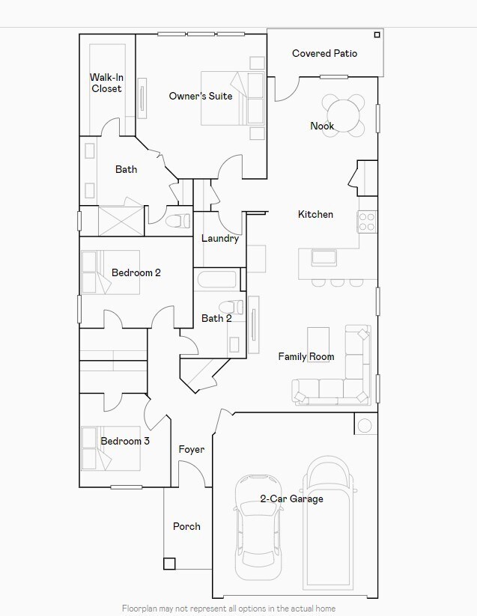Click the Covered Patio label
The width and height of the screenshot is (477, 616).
click(324, 54)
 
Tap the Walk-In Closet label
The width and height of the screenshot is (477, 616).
click(106, 83)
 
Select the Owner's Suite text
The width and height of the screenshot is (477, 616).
click(200, 97)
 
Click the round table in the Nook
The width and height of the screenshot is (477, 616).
click(344, 115)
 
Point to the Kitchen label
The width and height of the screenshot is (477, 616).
click(315, 215)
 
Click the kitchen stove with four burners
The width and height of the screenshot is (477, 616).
click(367, 222)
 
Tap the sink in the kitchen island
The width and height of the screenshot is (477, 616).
click(324, 257)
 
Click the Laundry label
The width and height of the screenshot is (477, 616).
click(220, 239)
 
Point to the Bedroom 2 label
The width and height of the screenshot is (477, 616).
click(136, 273)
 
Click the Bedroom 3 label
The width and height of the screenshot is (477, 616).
click(125, 442)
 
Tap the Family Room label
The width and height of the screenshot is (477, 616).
click(306, 357)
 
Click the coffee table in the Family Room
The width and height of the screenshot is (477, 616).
click(318, 345)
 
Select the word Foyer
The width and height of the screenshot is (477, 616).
click(191, 450)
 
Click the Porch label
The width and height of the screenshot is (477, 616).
click(186, 526)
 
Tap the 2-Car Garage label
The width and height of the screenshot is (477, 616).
click(291, 499)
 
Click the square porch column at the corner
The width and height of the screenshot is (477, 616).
click(169, 564)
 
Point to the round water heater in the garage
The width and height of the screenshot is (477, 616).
click(364, 426)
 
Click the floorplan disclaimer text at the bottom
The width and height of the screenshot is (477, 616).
click(228, 609)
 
